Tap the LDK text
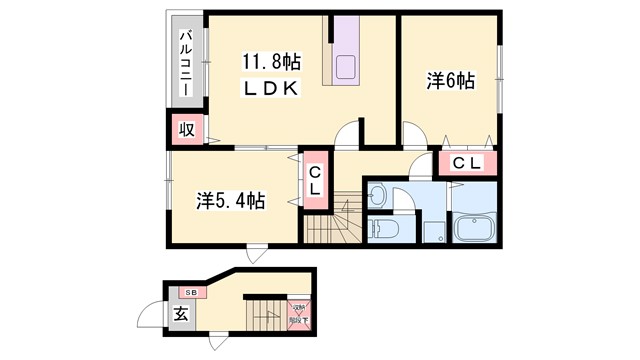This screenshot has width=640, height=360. tap(270, 88)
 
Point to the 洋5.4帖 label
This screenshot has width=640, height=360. tap(231, 200)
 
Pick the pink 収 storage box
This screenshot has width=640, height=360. tap(185, 129)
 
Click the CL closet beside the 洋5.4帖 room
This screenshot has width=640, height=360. tap(314, 182)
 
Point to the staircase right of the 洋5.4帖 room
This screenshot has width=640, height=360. tap(328, 222)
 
